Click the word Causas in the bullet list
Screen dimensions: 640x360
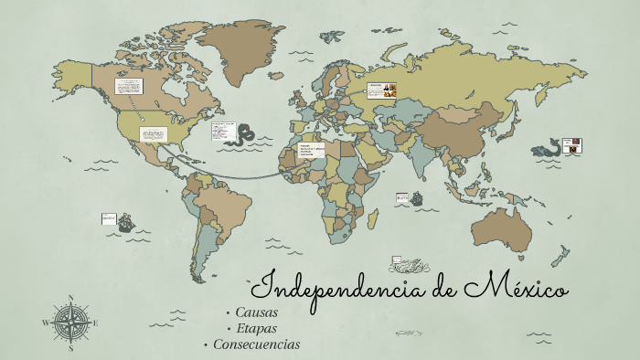click(256, 312)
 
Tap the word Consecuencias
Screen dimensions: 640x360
click(256, 344)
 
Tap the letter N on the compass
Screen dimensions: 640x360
click(71, 298)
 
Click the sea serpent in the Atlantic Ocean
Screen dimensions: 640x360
click(245, 133)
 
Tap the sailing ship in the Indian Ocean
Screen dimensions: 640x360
click(416, 197)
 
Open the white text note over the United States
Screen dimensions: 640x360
click(153, 134)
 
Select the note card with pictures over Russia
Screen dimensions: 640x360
click(381, 90)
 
